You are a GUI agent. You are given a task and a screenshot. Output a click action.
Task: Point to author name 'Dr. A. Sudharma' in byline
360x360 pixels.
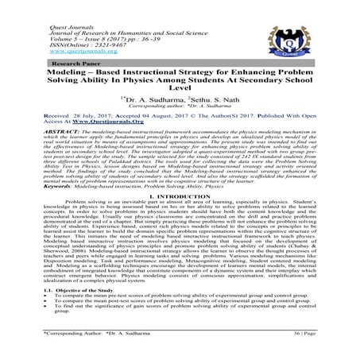click(152, 103)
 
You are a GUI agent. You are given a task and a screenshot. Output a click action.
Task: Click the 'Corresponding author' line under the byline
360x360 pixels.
click(179, 110)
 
